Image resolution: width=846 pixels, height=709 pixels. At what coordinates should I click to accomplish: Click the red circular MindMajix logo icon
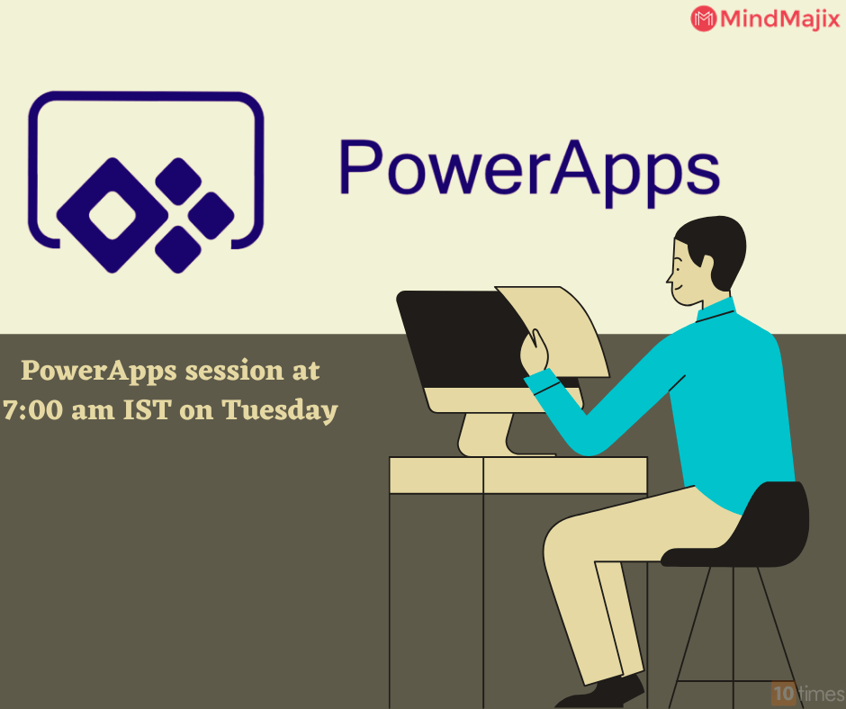(x=704, y=18)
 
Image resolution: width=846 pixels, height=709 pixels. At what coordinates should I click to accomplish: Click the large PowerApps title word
(x=528, y=167)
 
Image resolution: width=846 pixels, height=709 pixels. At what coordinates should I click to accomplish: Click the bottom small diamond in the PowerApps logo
(x=178, y=248)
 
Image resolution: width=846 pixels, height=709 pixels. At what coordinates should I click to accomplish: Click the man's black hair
(x=715, y=244)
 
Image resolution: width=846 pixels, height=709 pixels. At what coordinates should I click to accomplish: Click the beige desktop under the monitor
(x=517, y=474)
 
